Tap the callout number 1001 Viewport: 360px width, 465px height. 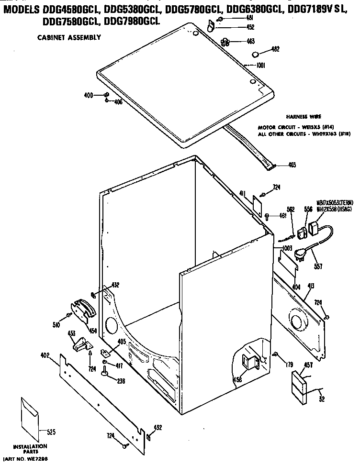point(260,66)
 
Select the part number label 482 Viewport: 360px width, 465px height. point(275,49)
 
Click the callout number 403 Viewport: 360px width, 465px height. point(292,165)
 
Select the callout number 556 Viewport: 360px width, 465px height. point(308,209)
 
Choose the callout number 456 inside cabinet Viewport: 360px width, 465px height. point(237,380)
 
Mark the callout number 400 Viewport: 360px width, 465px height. point(88,96)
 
